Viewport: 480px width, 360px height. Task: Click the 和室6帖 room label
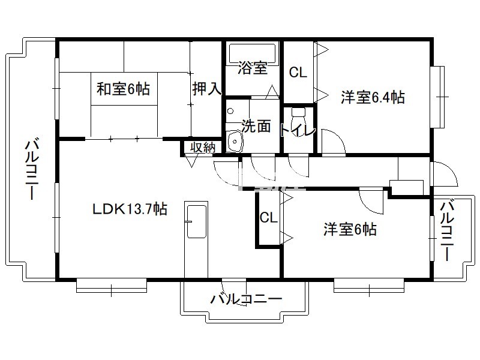tap(123, 89)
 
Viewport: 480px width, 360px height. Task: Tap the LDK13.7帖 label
tap(130, 209)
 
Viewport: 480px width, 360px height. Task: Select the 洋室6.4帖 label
tap(373, 97)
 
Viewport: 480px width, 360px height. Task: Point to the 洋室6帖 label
tap(350, 229)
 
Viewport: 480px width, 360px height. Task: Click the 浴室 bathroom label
tap(253, 68)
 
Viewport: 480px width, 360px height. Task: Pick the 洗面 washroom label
tap(256, 126)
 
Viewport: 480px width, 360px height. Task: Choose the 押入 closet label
tap(207, 88)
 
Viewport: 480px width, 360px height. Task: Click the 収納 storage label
tap(203, 148)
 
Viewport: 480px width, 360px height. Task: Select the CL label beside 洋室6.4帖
tap(298, 73)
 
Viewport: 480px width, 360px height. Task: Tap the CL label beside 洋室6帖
tap(268, 218)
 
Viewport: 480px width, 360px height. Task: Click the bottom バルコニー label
tap(246, 299)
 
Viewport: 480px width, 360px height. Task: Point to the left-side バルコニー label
tap(32, 170)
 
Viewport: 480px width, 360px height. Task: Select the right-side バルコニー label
tap(447, 230)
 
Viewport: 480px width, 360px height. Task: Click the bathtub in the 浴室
tap(253, 53)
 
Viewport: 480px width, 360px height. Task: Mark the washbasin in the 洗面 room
tap(234, 141)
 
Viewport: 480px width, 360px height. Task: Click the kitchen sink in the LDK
tap(196, 221)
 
